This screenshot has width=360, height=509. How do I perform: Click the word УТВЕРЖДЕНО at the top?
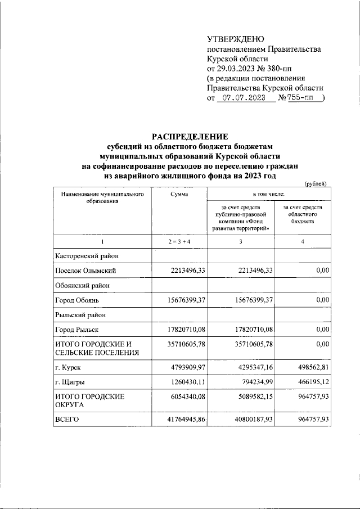tap(235, 39)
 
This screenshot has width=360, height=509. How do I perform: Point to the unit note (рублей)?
tap(316, 184)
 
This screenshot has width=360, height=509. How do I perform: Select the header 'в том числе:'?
tap(268, 194)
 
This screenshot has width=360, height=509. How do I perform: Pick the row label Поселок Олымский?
tap(85, 271)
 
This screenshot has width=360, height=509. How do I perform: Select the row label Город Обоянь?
tap(78, 300)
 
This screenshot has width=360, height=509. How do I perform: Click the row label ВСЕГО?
tap(66, 420)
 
